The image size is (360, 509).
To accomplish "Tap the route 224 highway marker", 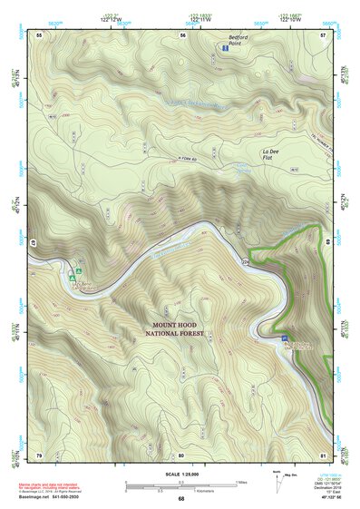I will coord(245,261).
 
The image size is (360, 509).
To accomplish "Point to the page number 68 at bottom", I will coord(181,498).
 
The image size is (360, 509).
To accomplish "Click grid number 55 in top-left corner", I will coord(39,34).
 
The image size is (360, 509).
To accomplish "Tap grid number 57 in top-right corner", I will coord(324,34).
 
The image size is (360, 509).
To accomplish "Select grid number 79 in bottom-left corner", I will coord(39,454).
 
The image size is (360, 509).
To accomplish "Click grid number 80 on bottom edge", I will coord(181,454).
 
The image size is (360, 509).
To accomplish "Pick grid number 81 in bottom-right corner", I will coord(324,454).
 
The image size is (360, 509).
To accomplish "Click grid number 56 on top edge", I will coord(182,34).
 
